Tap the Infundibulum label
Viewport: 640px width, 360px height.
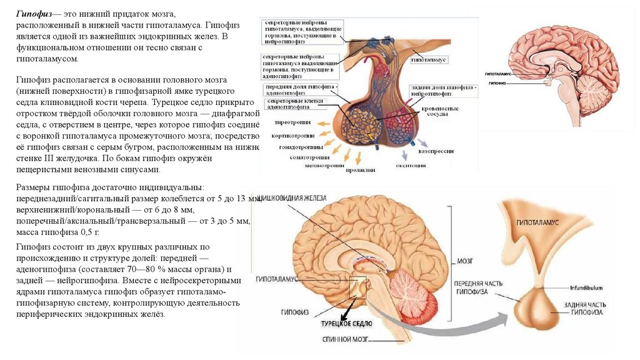click(x=585, y=287)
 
